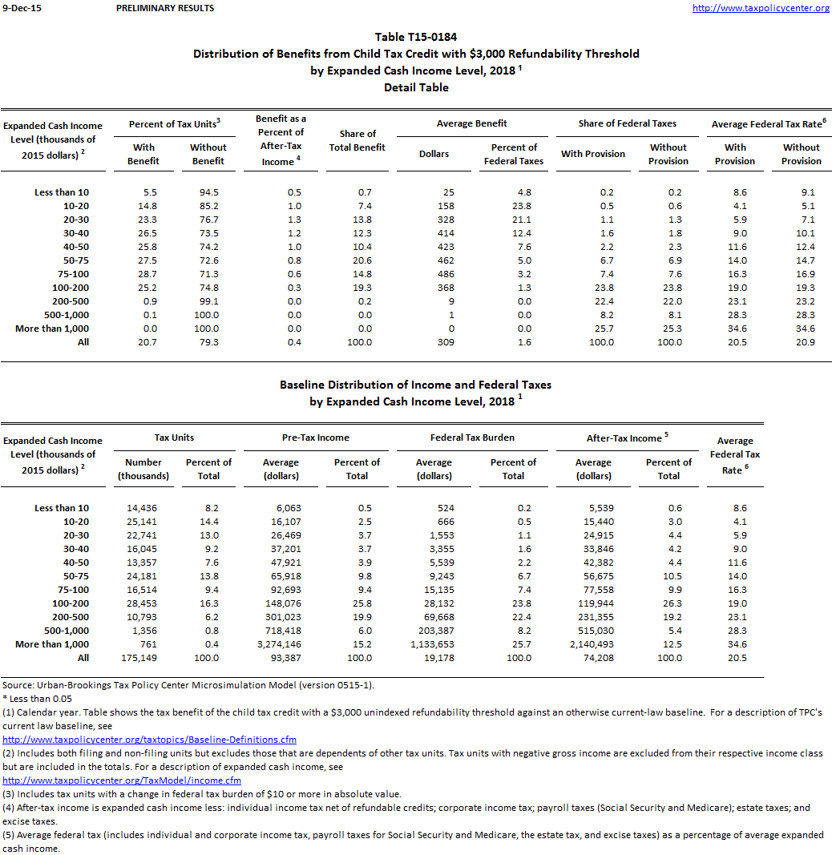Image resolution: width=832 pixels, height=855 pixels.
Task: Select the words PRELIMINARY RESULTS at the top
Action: coord(165,8)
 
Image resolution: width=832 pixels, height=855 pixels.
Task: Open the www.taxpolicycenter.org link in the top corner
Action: coord(760,8)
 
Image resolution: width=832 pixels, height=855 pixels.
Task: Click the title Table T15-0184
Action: coord(416,37)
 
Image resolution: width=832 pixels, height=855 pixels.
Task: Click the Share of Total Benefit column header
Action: coord(357,140)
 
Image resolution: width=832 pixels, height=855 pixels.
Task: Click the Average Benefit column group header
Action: coord(471,123)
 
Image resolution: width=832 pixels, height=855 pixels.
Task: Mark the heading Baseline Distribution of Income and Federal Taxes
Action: coord(415,385)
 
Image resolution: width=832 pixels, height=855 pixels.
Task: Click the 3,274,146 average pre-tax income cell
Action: coord(280,644)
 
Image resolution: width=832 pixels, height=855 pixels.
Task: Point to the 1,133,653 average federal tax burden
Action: coord(433,644)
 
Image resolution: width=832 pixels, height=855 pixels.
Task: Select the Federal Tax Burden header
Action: coord(472,438)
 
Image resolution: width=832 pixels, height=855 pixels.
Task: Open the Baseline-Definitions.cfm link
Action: coord(149,740)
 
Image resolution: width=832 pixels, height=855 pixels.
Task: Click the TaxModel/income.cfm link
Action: coord(122,780)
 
